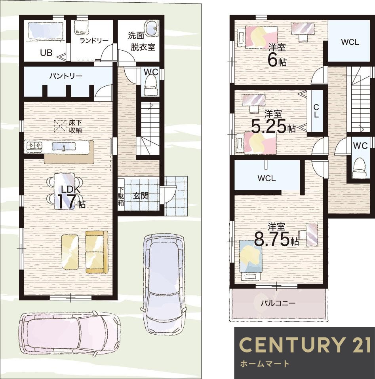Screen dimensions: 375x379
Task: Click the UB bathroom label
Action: pyautogui.click(x=46, y=53)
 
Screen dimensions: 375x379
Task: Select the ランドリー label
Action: pyautogui.click(x=94, y=41)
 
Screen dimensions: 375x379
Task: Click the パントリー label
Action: pyautogui.click(x=66, y=76)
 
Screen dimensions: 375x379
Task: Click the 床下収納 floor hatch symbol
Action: pyautogui.click(x=60, y=126)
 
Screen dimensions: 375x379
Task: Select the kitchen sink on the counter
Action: pyautogui.click(x=64, y=146)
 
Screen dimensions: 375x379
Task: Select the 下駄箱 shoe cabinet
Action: pyautogui.click(x=121, y=195)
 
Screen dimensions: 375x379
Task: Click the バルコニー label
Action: pyautogui.click(x=278, y=303)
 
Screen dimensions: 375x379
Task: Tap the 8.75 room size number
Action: pyautogui.click(x=272, y=239)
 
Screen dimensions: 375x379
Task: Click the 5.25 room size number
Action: pyautogui.click(x=269, y=127)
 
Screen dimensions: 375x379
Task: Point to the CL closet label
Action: pyautogui.click(x=316, y=111)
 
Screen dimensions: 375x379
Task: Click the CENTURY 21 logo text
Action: pyautogui.click(x=305, y=345)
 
